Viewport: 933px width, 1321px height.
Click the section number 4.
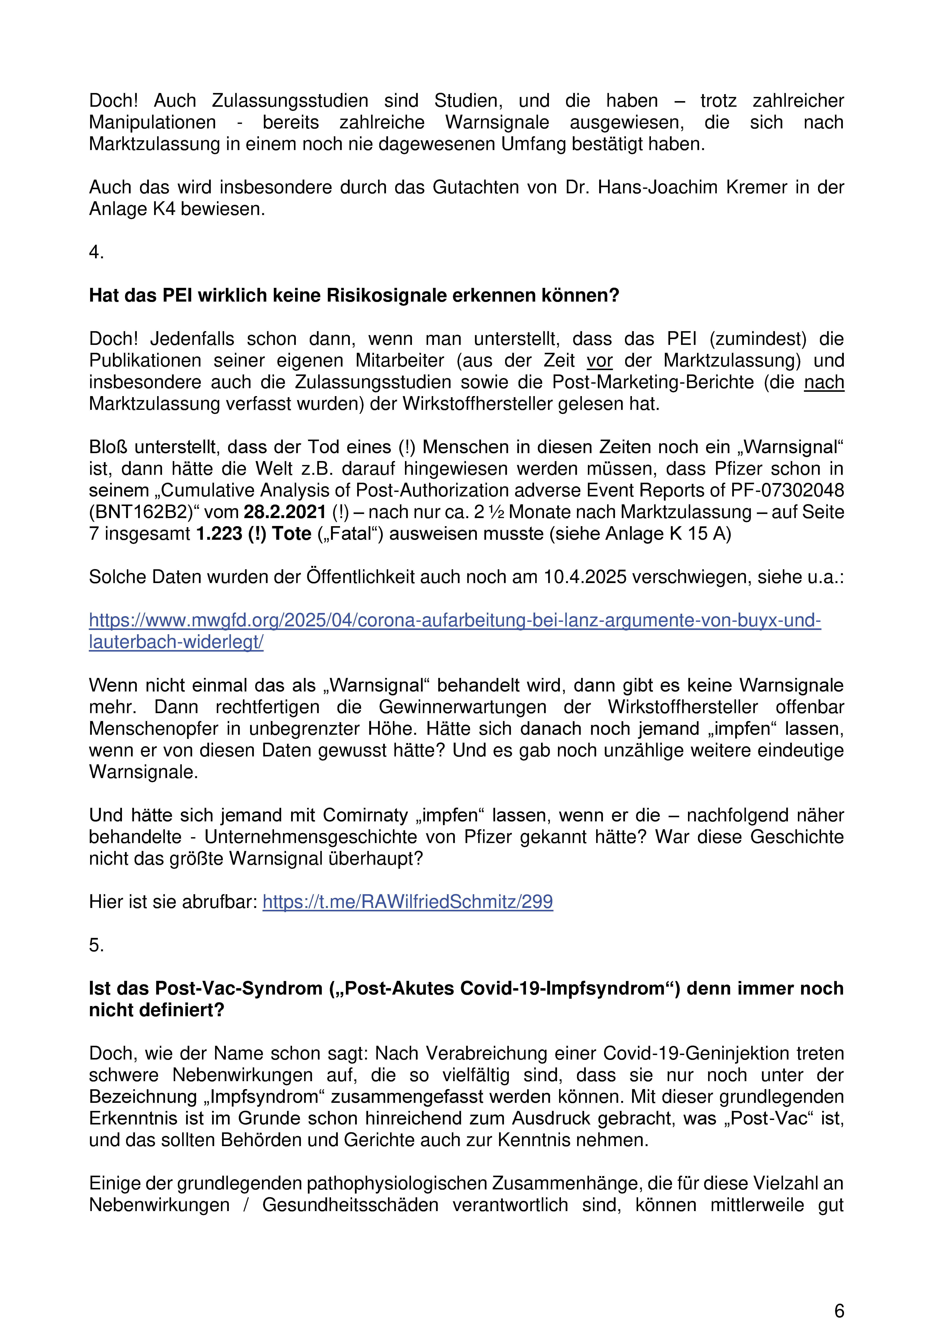coord(96,252)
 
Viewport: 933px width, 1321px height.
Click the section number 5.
coord(96,945)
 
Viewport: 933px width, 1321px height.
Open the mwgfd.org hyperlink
coord(454,620)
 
